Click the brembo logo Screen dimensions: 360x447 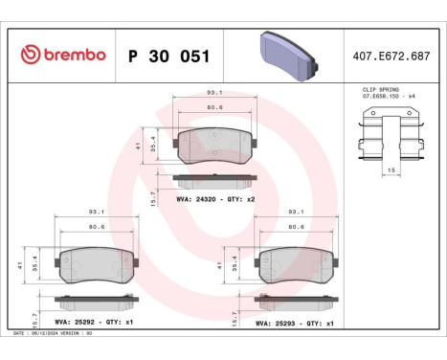[x=63, y=55]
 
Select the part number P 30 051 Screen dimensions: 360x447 [x=168, y=55]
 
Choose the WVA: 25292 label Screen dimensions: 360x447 [x=77, y=323]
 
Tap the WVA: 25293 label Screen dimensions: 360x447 [x=278, y=323]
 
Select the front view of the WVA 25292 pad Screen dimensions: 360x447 [x=96, y=264]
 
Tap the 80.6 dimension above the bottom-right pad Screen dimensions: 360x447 [x=297, y=227]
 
